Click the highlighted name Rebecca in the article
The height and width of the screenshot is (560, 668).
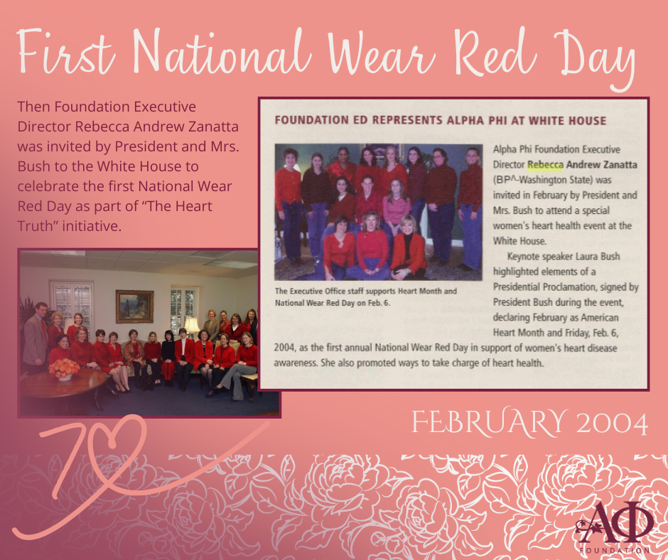point(545,165)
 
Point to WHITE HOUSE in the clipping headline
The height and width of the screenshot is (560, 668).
point(567,121)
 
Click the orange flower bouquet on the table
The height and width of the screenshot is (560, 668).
point(65,368)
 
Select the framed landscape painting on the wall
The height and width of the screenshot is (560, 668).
point(134,306)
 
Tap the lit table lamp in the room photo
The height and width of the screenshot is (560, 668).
point(192,326)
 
